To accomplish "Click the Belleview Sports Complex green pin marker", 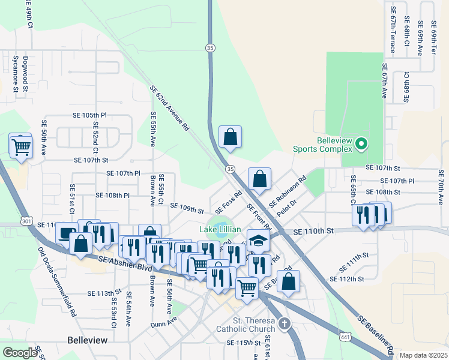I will point(361,144).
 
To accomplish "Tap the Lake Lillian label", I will point(220,230).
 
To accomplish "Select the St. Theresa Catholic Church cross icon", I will point(284,325).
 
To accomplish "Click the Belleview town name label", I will point(87,340).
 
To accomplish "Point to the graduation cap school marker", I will point(258,241).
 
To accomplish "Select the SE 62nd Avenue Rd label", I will point(170,109).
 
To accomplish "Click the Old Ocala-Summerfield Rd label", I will point(57,282).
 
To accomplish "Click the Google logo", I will point(20,353).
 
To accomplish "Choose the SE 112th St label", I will point(348,279).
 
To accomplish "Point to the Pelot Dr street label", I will point(288,213).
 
